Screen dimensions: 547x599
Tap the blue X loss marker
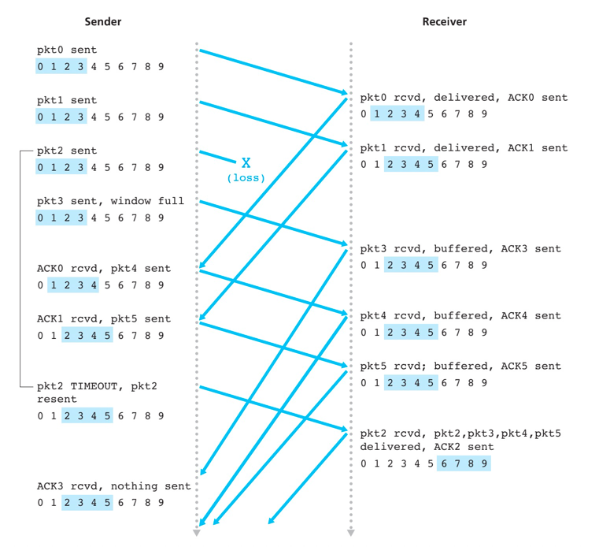pyautogui.click(x=246, y=163)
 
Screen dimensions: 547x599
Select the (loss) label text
pyautogui.click(x=246, y=178)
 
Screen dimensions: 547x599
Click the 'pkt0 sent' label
pyautogui.click(x=67, y=50)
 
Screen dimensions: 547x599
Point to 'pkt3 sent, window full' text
pyautogui.click(x=110, y=201)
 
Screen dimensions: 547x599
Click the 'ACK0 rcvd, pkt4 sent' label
pyautogui.click(x=103, y=269)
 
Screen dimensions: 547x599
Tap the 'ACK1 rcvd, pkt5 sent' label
pyautogui.click(x=103, y=319)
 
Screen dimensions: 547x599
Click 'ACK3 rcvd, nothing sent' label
pyautogui.click(x=113, y=486)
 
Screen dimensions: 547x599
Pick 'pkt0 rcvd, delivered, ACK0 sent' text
pyautogui.click(x=464, y=98)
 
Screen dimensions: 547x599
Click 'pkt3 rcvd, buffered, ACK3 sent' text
pyautogui.click(x=460, y=249)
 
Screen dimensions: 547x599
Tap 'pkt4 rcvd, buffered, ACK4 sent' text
pyautogui.click(x=460, y=316)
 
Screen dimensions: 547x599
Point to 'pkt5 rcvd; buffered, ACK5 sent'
pyautogui.click(x=460, y=366)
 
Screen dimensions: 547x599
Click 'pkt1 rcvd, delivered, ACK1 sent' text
pyautogui.click(x=464, y=148)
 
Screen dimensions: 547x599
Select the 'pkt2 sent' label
pyautogui.click(x=67, y=151)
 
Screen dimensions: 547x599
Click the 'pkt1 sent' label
pyautogui.click(x=67, y=101)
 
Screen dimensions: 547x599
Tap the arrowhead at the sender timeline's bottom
pyautogui.click(x=197, y=534)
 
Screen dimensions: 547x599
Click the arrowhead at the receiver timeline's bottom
pyautogui.click(x=351, y=534)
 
